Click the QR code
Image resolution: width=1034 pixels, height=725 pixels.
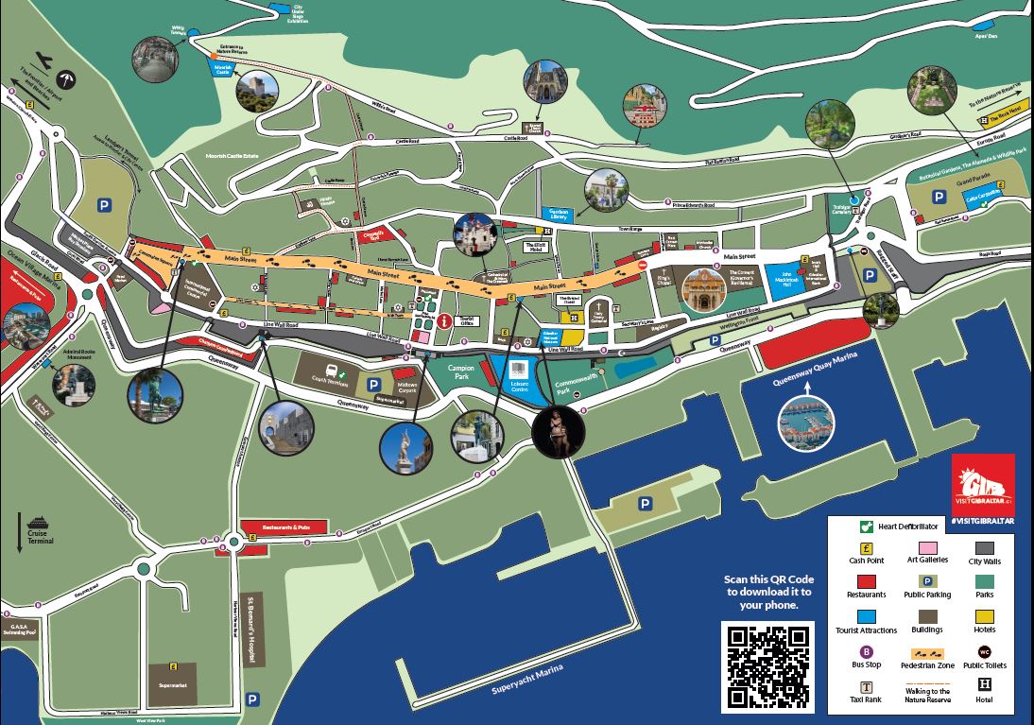pyautogui.click(x=767, y=666)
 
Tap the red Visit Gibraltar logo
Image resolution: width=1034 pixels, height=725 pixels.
pyautogui.click(x=983, y=484)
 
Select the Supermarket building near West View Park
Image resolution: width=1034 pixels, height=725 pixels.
pyautogui.click(x=173, y=682)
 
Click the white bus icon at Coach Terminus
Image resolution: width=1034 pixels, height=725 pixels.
pyautogui.click(x=332, y=371)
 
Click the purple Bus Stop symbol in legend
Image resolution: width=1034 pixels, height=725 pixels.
pyautogui.click(x=866, y=651)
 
